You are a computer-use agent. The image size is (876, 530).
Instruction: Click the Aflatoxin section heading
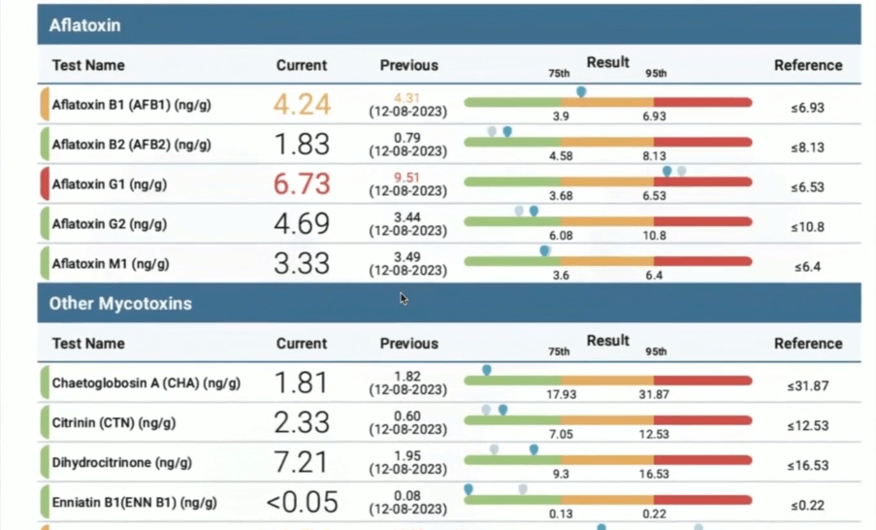click(x=85, y=25)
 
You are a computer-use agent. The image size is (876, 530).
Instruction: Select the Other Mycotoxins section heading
click(x=120, y=303)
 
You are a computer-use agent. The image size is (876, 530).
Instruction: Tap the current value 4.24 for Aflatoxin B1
click(x=302, y=105)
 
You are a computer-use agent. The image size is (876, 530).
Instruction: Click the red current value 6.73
click(x=302, y=183)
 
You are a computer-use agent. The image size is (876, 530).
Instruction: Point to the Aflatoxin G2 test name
click(x=110, y=224)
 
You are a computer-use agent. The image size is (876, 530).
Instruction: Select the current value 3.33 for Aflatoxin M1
click(x=302, y=263)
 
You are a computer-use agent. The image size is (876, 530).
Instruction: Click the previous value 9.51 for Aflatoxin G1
click(x=407, y=178)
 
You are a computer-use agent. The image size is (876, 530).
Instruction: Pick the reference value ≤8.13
click(x=807, y=148)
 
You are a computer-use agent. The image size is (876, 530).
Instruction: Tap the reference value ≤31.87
click(x=807, y=385)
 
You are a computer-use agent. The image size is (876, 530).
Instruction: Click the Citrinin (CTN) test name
click(x=114, y=423)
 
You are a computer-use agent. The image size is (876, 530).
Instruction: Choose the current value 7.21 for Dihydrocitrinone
click(x=302, y=462)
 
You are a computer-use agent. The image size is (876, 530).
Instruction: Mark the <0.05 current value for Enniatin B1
click(x=302, y=502)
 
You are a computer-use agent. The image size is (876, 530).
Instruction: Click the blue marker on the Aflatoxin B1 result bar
click(x=581, y=91)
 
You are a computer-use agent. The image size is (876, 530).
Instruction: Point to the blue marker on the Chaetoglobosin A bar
click(x=487, y=370)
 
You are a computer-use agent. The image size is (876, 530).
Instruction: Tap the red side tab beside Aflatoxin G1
click(x=44, y=183)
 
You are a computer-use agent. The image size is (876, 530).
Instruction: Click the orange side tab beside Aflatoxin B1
click(x=44, y=105)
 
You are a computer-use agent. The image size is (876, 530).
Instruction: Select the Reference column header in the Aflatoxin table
click(x=807, y=65)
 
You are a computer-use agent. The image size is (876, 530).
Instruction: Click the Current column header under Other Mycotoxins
click(x=302, y=343)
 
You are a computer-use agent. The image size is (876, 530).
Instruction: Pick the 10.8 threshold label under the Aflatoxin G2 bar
click(x=655, y=236)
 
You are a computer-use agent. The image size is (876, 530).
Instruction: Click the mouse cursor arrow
click(x=404, y=299)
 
